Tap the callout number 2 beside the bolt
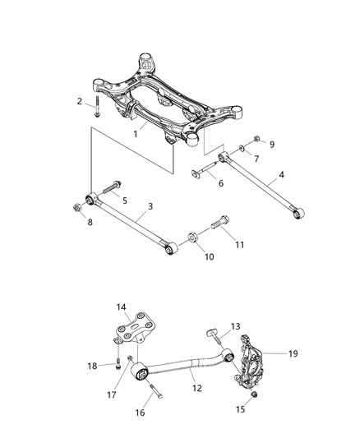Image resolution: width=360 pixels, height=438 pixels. point(81,102)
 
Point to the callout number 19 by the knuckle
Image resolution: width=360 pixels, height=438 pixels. point(293,353)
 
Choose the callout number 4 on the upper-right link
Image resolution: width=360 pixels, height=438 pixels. point(281,175)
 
